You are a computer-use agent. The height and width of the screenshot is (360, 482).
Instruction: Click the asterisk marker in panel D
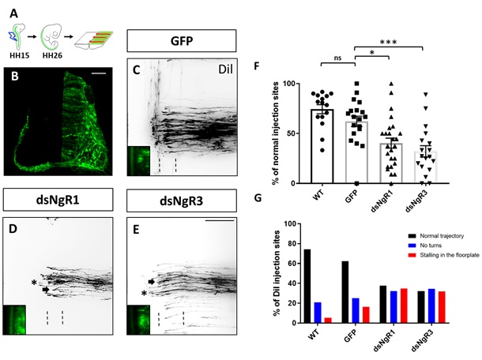tap(33, 281)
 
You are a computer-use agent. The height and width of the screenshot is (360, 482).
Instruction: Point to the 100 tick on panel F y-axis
tap(288, 83)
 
